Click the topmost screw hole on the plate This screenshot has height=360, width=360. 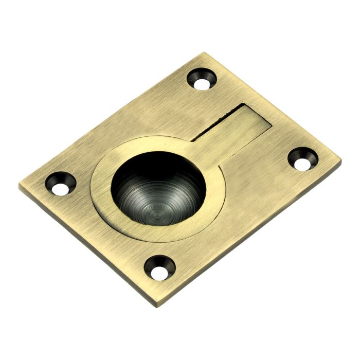202,79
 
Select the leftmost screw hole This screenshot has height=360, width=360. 59,184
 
